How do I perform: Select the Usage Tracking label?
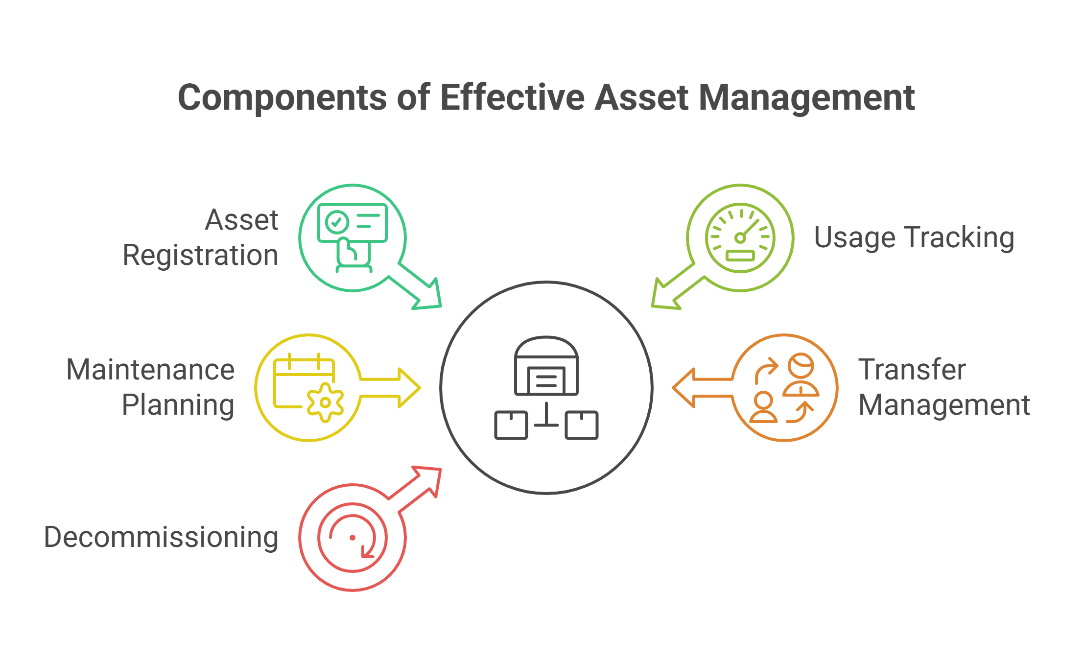pos(914,238)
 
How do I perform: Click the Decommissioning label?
pos(161,537)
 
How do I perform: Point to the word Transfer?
pos(912,369)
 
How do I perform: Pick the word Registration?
pos(200,255)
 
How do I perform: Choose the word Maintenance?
pos(150,369)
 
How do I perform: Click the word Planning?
pos(178,405)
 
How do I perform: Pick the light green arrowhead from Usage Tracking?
pos(663,297)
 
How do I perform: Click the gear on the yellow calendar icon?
pos(325,403)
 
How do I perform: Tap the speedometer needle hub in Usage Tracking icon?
pos(740,238)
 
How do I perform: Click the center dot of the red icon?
pos(353,538)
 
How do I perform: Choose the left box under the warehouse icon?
pos(511,425)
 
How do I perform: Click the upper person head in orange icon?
pos(801,365)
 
